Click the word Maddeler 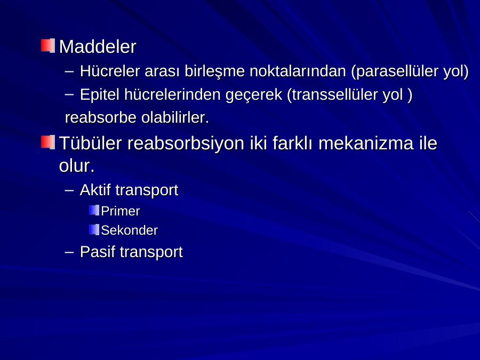[98, 46]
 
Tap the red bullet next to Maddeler [48, 46]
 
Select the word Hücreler [109, 71]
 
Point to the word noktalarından [298, 71]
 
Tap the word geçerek [254, 95]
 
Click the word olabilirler [175, 117]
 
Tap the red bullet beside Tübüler [48, 142]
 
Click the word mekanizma [365, 143]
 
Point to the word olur [76, 166]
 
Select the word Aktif [95, 190]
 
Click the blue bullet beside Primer [94, 210]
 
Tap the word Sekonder [129, 230]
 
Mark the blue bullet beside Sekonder [94, 229]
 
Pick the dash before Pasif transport [69, 253]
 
